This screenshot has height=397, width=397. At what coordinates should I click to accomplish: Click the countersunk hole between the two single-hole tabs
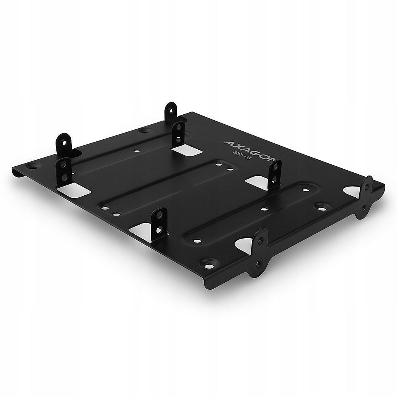tap(143, 131)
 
